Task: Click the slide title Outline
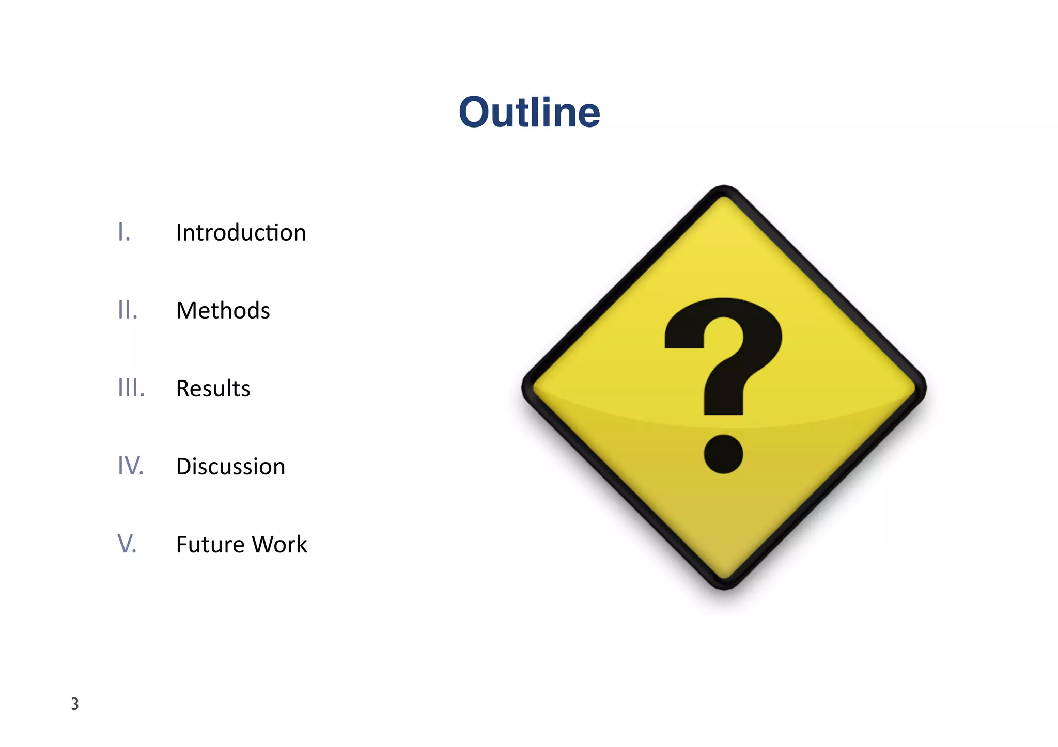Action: point(529,113)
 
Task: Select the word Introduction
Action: point(241,233)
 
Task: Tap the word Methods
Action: point(223,311)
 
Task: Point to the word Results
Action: point(213,389)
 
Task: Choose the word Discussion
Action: point(230,467)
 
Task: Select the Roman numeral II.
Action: point(128,310)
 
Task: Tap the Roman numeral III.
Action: point(131,388)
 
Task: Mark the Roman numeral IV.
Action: point(130,466)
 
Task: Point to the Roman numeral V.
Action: point(127,544)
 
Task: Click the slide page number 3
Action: point(75,704)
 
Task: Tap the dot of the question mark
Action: point(723,454)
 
